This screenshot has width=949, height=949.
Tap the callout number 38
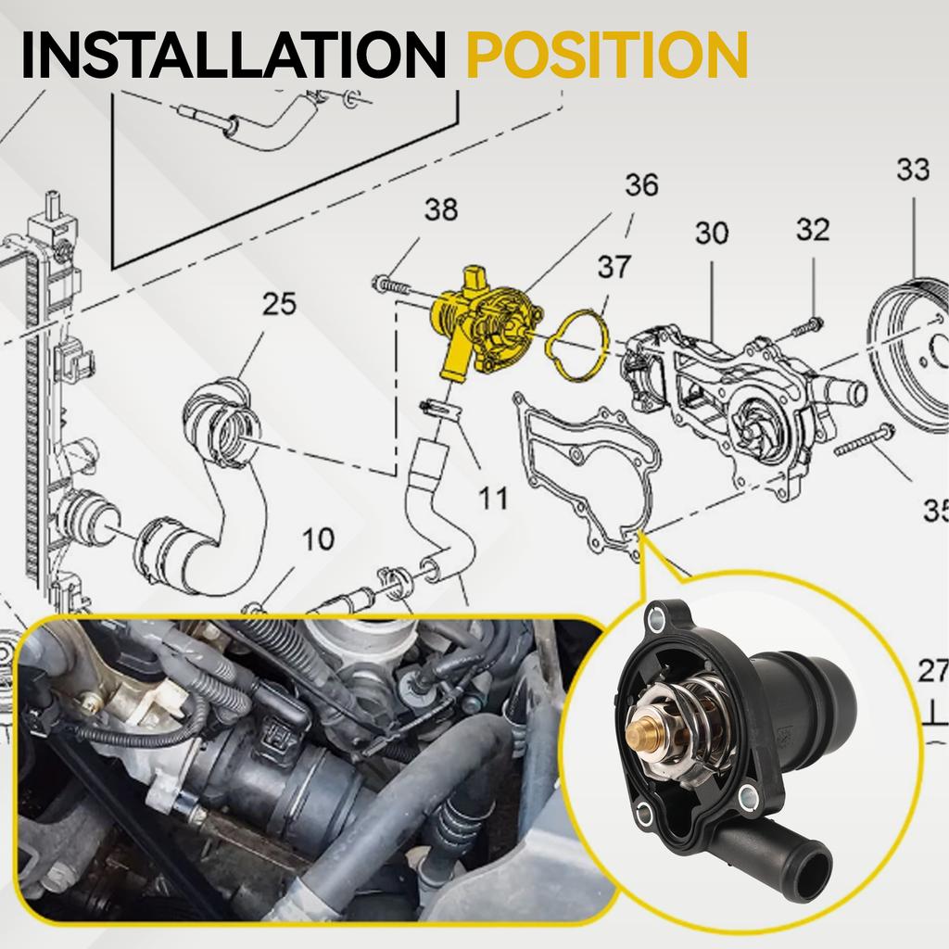(441, 210)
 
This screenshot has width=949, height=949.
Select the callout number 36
(640, 185)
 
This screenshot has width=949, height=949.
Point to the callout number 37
(614, 268)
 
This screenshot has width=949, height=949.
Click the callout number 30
(712, 234)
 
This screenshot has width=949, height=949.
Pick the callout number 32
(812, 229)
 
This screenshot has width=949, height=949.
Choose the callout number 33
(913, 171)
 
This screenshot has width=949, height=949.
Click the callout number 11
(493, 499)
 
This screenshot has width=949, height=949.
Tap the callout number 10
(318, 539)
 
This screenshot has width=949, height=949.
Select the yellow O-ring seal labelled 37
(576, 346)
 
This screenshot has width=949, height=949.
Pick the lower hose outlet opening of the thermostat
(815, 869)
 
